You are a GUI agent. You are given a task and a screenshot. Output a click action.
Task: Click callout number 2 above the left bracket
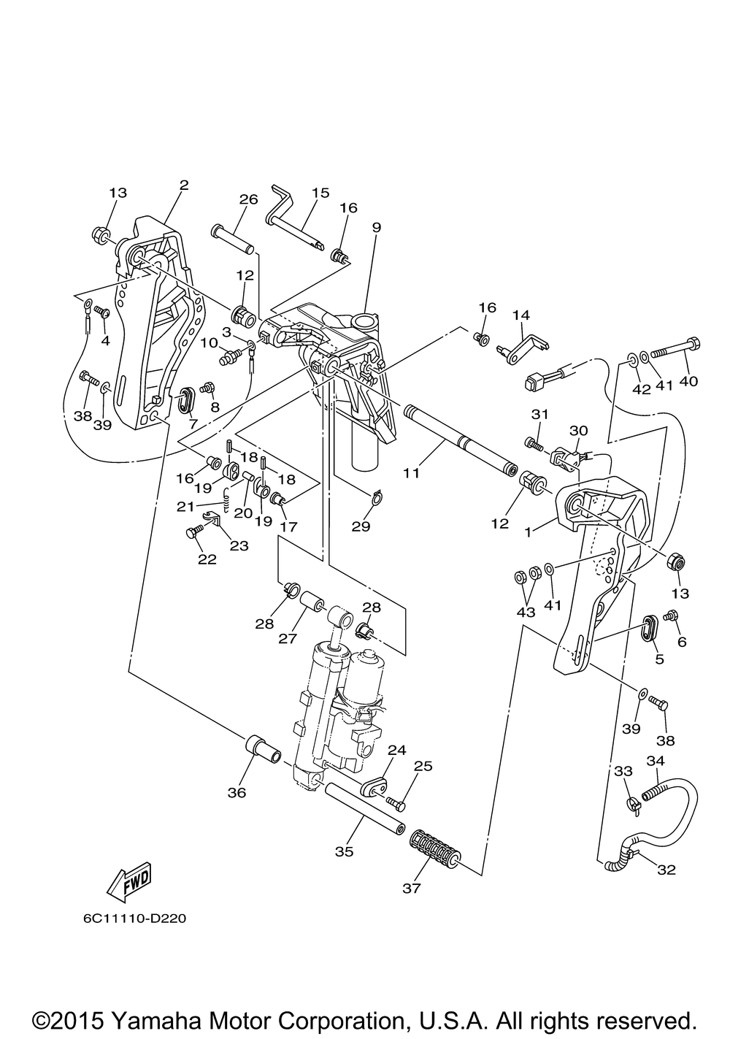[183, 185]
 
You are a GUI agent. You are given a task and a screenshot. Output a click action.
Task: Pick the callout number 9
[376, 227]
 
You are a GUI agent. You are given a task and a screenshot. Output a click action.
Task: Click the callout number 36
[237, 792]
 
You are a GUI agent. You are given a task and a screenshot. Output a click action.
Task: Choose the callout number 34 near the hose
[656, 761]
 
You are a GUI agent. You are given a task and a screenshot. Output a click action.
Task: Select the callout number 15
[320, 193]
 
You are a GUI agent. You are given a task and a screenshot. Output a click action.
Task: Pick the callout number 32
[666, 870]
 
